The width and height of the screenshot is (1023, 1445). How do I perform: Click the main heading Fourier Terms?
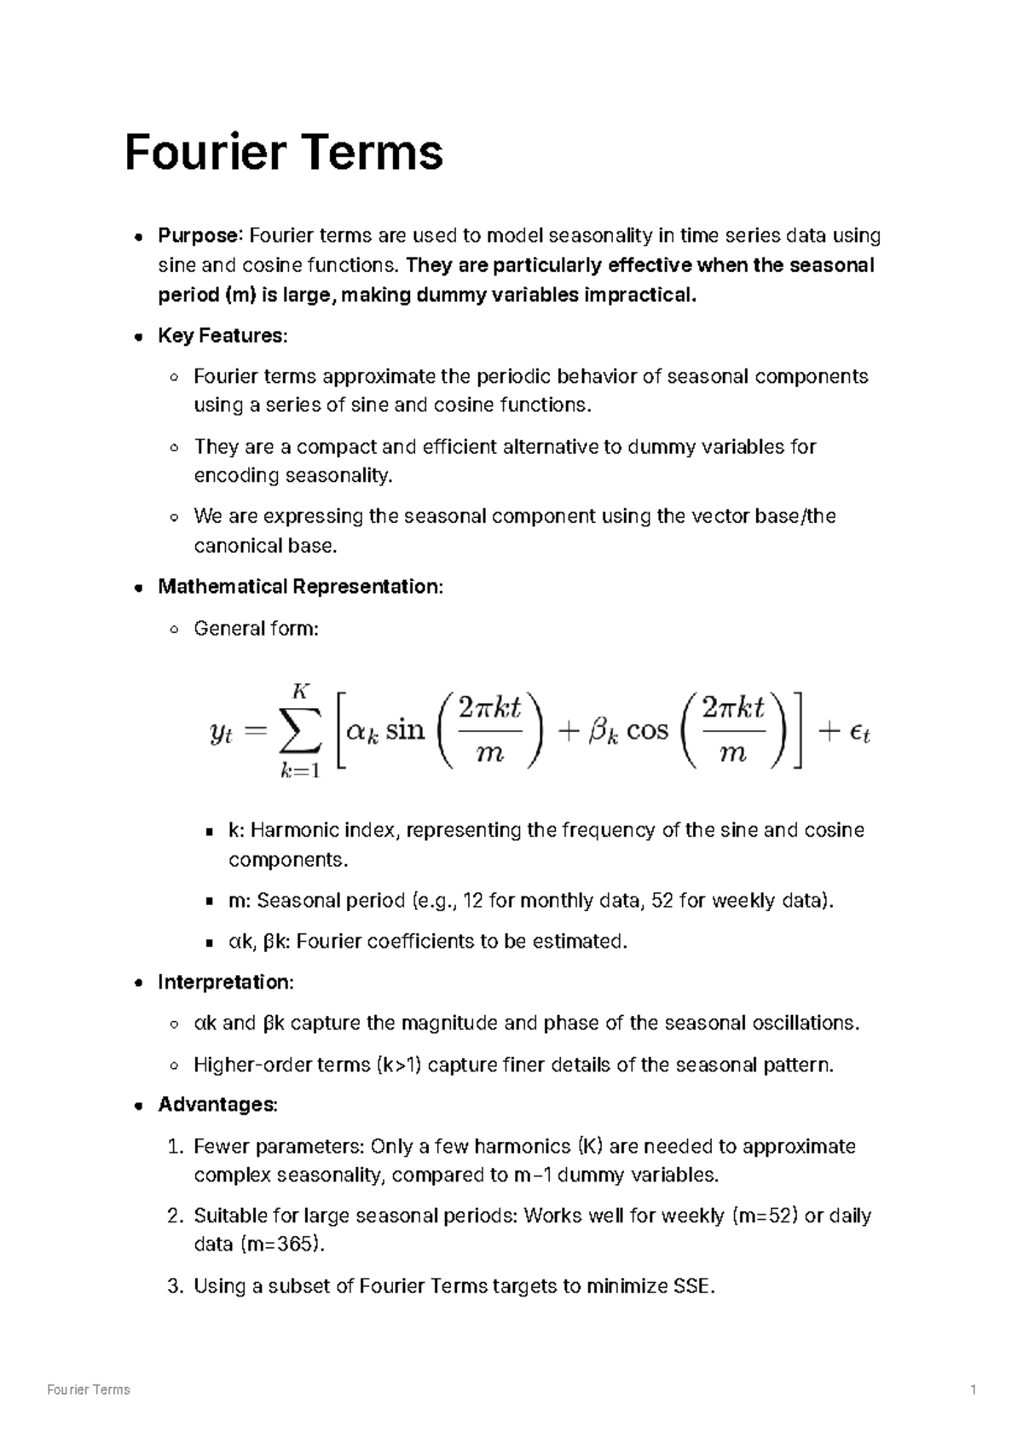pos(283,153)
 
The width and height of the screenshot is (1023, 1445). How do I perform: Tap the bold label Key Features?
pos(221,336)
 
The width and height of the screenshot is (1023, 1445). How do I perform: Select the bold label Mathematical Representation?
pos(299,587)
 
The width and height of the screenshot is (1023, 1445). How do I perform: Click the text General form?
pos(255,629)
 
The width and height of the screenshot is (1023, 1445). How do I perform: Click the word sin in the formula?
pos(405,731)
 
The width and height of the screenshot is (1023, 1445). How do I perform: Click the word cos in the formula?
pos(647,731)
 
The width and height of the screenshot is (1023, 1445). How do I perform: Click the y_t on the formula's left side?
pos(221,734)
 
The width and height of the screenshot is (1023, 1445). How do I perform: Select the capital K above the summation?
pos(299,689)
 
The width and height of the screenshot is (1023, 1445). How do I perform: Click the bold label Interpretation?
pos(224,983)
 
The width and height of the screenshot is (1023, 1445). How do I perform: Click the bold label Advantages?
pos(217,1106)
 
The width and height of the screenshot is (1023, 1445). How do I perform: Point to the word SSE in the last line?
pos(691,1286)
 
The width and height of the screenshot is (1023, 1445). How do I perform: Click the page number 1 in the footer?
pos(973,1390)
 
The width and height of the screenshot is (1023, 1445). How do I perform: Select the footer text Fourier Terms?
pos(89,1390)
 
